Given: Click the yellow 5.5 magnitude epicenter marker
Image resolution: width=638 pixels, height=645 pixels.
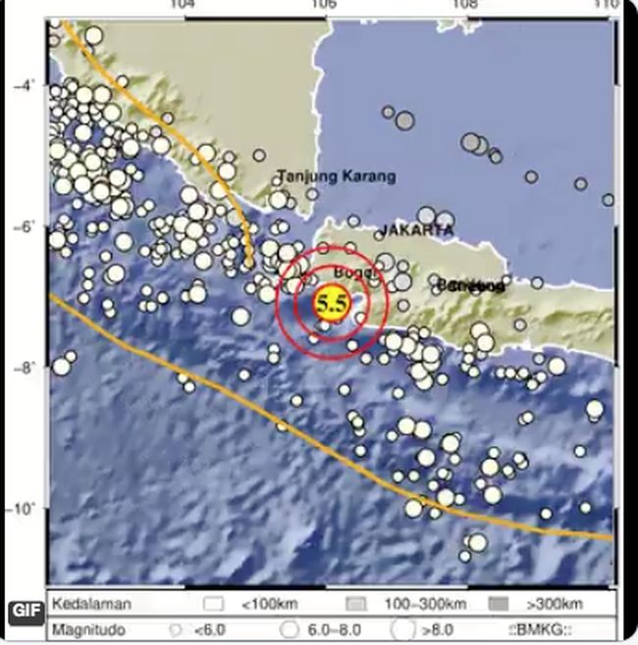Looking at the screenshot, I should pyautogui.click(x=330, y=304).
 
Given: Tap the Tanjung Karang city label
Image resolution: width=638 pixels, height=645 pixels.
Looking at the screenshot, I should pyautogui.click(x=337, y=176).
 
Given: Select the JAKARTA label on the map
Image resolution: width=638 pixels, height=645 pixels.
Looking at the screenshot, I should pyautogui.click(x=417, y=229).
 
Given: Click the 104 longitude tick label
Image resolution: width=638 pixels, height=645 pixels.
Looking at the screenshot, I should pyautogui.click(x=180, y=7).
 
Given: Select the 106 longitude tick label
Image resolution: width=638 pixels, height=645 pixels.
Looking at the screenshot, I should pyautogui.click(x=322, y=7).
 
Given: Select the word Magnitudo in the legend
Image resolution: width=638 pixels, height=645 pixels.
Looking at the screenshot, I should pyautogui.click(x=89, y=627).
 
